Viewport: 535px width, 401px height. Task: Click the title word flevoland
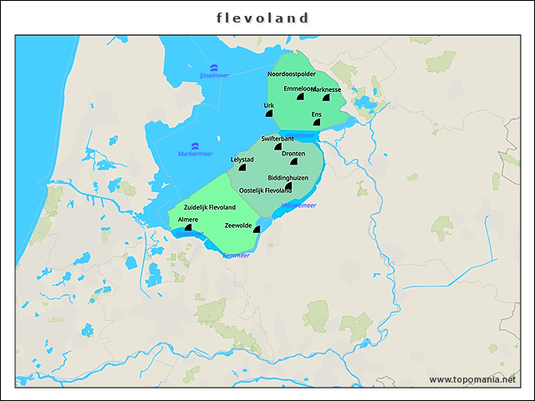point(262,18)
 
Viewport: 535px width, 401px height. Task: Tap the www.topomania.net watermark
point(472,379)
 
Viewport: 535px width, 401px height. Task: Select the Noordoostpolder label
point(292,74)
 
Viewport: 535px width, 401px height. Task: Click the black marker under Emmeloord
point(299,98)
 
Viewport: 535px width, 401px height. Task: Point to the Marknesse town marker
point(325,99)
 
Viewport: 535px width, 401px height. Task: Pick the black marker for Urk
point(269,114)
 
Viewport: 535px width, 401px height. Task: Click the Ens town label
point(316,114)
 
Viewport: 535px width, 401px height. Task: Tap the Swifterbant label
point(278,138)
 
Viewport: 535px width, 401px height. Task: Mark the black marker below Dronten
point(293,162)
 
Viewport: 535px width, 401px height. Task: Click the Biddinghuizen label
point(288,178)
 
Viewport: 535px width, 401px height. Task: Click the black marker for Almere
point(188,226)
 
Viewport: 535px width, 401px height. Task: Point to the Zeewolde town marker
point(257,230)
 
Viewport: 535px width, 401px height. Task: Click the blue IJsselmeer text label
point(214,75)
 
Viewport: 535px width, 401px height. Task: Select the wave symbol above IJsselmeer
point(214,67)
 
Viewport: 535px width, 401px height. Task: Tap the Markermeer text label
point(195,154)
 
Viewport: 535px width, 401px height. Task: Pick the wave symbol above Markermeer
point(194,145)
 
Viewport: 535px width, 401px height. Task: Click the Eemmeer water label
point(236,256)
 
